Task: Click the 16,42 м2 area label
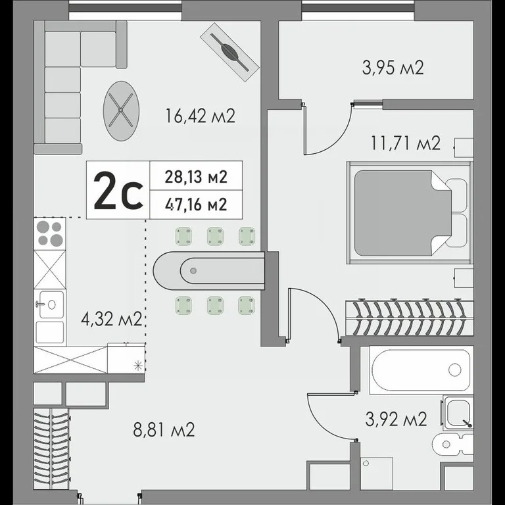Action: click(x=200, y=116)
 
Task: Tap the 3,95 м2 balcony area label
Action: click(x=393, y=68)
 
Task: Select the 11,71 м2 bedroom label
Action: click(x=406, y=143)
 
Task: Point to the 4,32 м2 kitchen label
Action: click(x=111, y=319)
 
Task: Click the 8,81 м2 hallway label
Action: click(x=164, y=429)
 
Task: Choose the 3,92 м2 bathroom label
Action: click(x=396, y=419)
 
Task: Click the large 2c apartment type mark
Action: click(x=118, y=191)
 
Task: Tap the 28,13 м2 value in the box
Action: click(x=196, y=176)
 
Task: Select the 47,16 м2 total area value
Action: click(x=196, y=204)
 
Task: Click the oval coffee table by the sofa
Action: click(x=121, y=110)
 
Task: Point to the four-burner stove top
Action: click(x=49, y=233)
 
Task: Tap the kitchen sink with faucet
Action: click(x=49, y=304)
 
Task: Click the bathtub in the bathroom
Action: click(x=421, y=370)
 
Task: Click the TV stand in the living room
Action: click(x=229, y=52)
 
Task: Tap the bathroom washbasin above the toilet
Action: click(x=458, y=413)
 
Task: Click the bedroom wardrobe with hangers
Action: click(x=410, y=318)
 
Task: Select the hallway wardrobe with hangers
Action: click(x=51, y=449)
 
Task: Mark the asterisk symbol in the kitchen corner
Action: click(x=138, y=366)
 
